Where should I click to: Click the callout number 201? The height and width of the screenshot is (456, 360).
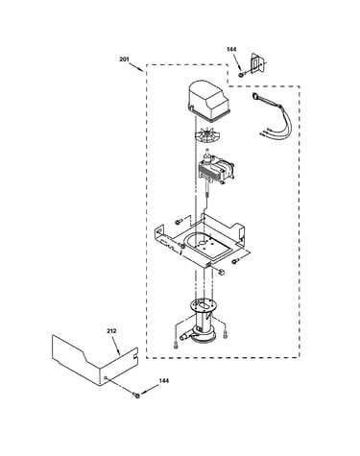tap(124, 60)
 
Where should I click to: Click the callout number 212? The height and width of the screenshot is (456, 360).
tap(111, 331)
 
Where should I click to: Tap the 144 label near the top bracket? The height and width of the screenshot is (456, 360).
tap(231, 49)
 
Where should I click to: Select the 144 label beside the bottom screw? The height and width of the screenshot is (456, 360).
tap(164, 381)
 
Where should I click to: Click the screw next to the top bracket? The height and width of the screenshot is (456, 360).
tap(241, 75)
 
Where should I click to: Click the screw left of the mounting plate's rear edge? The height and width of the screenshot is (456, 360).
tap(179, 222)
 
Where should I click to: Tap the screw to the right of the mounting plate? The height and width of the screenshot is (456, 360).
tap(235, 261)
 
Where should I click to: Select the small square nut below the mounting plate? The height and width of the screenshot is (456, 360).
tap(221, 272)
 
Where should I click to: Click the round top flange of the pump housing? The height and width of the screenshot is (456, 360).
tap(203, 305)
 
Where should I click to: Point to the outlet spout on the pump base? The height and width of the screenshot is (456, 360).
tap(184, 336)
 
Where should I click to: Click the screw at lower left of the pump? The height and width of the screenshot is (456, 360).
tap(176, 345)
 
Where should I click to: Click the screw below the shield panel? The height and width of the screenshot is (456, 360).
tap(137, 396)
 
